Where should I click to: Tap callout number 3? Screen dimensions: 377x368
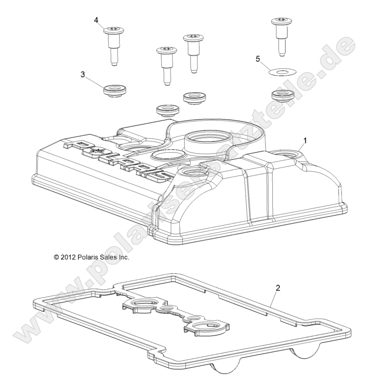83,74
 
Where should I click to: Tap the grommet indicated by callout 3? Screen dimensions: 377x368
114,90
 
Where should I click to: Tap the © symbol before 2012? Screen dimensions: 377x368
57,256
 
